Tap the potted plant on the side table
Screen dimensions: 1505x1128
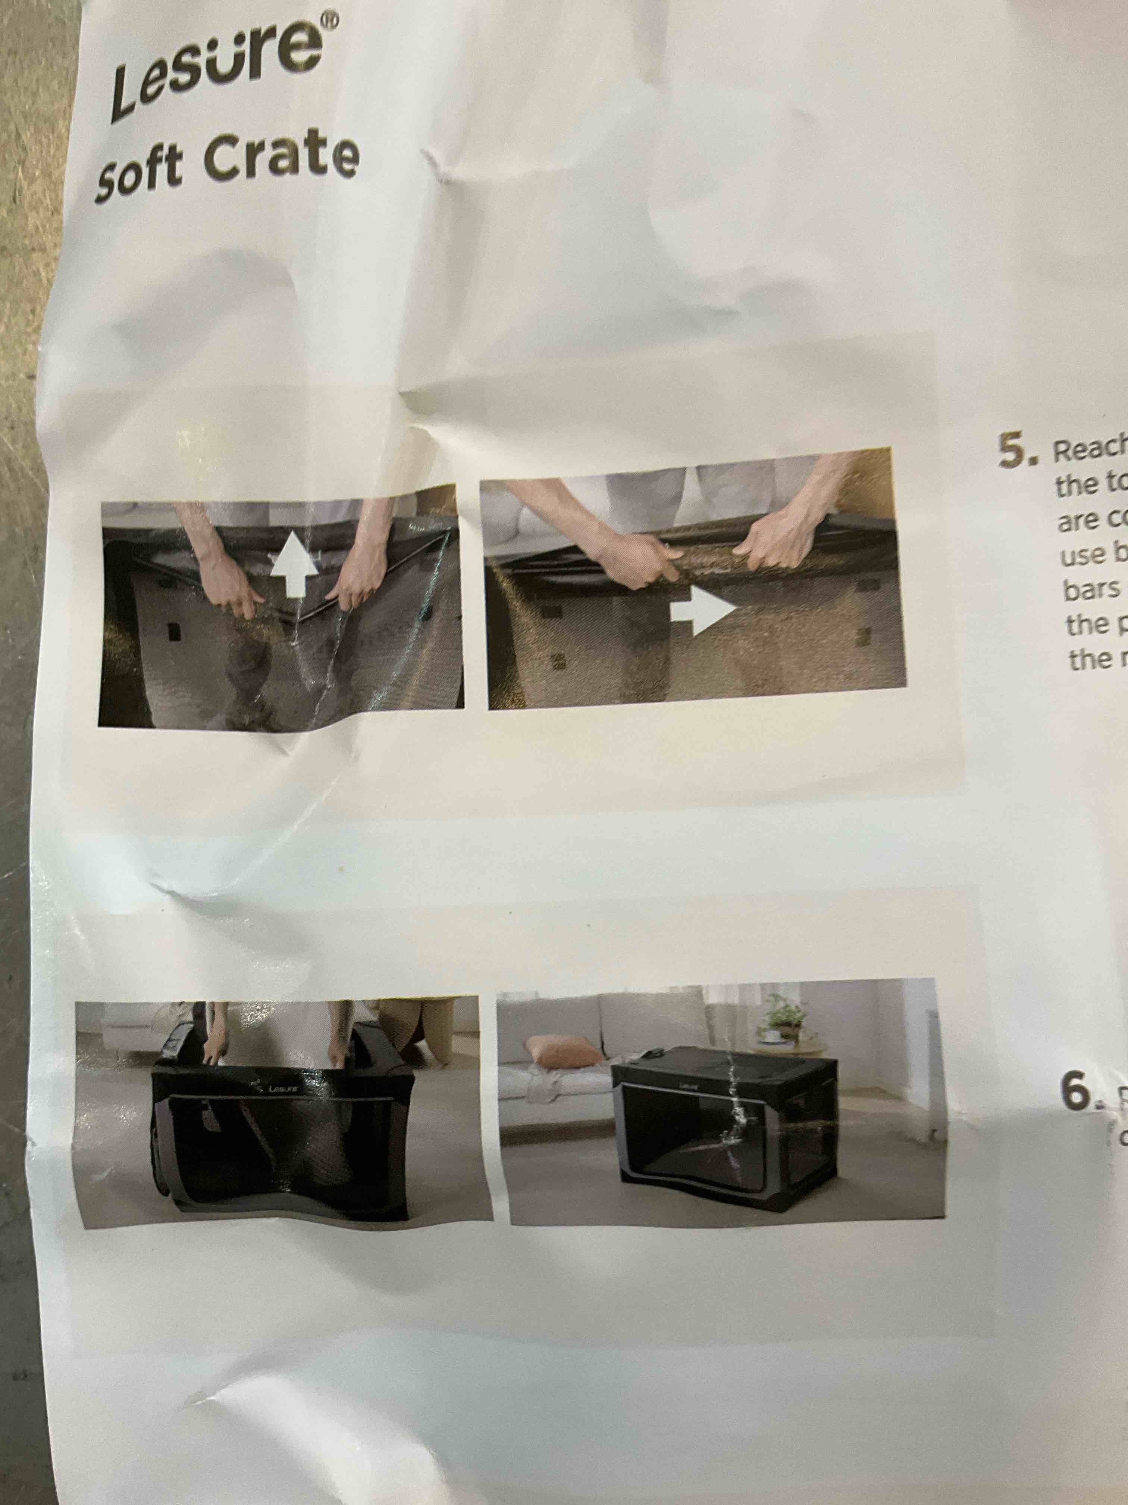coord(782,1019)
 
